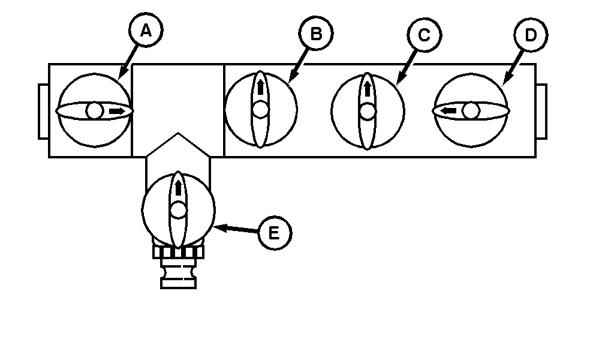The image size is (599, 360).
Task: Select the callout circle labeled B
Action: pyautogui.click(x=316, y=34)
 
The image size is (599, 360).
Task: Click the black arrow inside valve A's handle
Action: pyautogui.click(x=119, y=111)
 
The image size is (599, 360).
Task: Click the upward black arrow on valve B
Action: pyautogui.click(x=260, y=88)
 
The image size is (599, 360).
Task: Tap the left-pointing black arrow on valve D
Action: pyautogui.click(x=447, y=111)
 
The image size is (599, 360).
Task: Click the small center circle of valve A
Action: pyautogui.click(x=94, y=111)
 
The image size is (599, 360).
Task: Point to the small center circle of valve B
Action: pyautogui.click(x=260, y=110)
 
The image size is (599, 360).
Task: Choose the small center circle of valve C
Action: pyautogui.click(x=368, y=111)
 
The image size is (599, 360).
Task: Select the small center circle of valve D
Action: pyautogui.click(x=471, y=111)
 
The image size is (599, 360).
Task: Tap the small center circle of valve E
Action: pyautogui.click(x=178, y=211)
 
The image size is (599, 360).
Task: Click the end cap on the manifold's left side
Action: pyautogui.click(x=43, y=112)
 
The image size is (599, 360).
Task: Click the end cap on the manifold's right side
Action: pyautogui.click(x=541, y=112)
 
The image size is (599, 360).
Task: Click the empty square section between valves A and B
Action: pyautogui.click(x=177, y=96)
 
